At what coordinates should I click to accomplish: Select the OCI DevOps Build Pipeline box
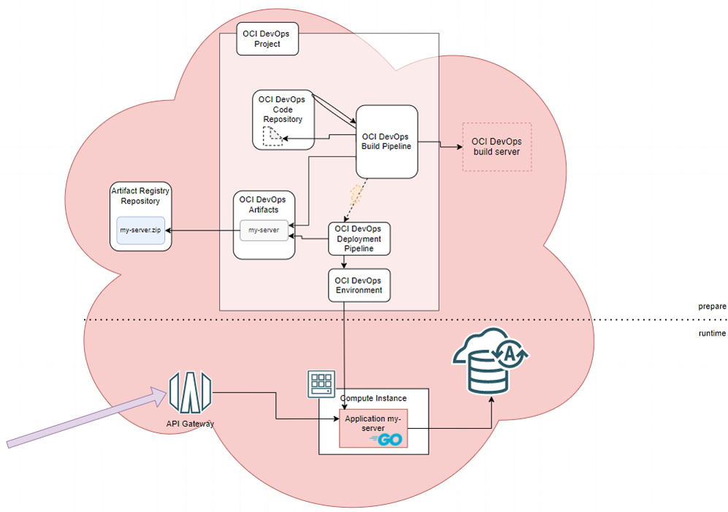point(387,141)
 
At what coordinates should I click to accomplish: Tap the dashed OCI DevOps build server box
point(497,147)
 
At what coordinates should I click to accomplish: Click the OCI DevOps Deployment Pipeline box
point(359,238)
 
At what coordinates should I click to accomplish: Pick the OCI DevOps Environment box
point(359,285)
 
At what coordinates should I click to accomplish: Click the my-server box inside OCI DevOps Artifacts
point(264,230)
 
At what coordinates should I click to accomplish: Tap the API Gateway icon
point(190,394)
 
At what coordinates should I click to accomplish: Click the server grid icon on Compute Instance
point(322,383)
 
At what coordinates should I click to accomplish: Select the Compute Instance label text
point(374,398)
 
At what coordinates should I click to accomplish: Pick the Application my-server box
point(372,428)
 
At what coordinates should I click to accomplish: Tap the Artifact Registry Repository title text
point(141,195)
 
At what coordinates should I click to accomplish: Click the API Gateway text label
point(190,423)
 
